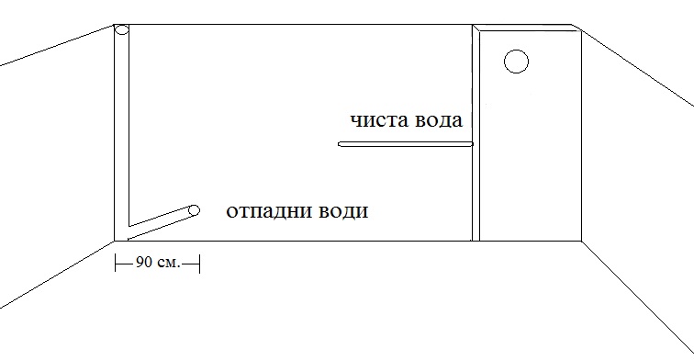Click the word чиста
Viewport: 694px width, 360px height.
[378, 121]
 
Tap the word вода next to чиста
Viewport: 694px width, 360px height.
[436, 121]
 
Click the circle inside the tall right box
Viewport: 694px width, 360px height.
[517, 62]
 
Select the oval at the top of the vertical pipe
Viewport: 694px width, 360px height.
[122, 31]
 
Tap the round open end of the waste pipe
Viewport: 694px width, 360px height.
[194, 210]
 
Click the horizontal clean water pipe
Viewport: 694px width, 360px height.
[404, 144]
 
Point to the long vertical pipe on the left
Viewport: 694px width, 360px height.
[122, 129]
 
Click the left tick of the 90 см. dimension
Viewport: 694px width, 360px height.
[116, 264]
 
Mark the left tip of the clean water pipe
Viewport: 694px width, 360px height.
[341, 144]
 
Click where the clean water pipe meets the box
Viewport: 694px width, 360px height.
[471, 144]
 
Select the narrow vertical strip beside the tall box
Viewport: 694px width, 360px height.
[476, 133]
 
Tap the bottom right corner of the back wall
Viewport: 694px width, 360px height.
[582, 241]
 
